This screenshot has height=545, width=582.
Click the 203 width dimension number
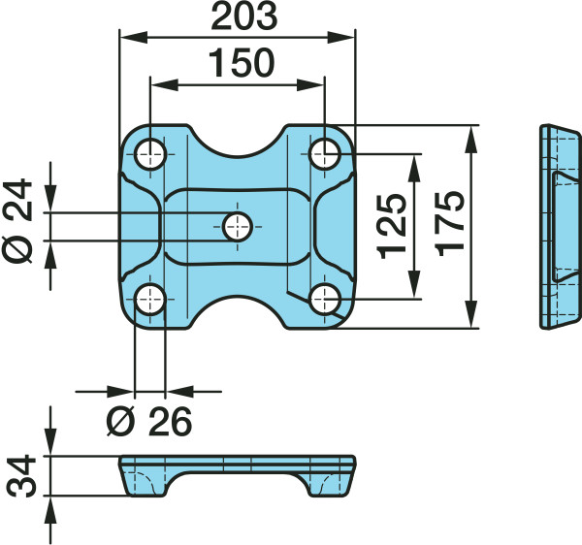[x=243, y=16]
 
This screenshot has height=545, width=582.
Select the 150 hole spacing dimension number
[x=242, y=63]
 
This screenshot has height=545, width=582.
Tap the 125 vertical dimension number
[x=392, y=226]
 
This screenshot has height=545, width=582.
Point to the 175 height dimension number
[x=450, y=224]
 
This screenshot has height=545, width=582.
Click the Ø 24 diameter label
[x=17, y=221]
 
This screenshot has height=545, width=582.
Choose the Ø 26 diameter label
[x=149, y=422]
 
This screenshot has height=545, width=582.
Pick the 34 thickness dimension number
[x=22, y=476]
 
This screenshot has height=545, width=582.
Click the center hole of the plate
[x=238, y=227]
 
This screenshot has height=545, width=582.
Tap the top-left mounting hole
[x=150, y=154]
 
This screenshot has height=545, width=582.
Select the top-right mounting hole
[x=324, y=153]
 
